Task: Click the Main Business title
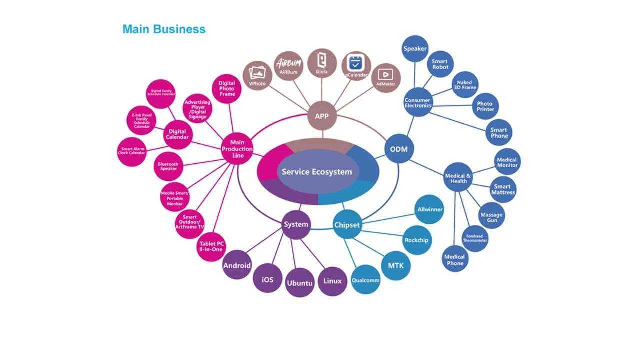point(164,29)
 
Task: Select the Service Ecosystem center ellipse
point(317,172)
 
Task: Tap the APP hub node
point(322,116)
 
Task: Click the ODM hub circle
point(399,149)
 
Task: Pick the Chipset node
point(347,225)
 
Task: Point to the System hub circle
point(296,224)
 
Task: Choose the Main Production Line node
point(237,149)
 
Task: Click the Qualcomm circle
point(365,280)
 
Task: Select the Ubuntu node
point(299,283)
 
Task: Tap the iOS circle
point(268,279)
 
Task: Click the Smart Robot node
point(440,64)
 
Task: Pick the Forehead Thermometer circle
point(475,238)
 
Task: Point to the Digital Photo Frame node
point(227,89)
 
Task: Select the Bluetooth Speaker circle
point(168,166)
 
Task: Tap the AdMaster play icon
point(385,75)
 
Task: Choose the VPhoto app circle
point(257,76)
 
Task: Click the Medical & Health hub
point(458,178)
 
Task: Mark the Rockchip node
point(416,240)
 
